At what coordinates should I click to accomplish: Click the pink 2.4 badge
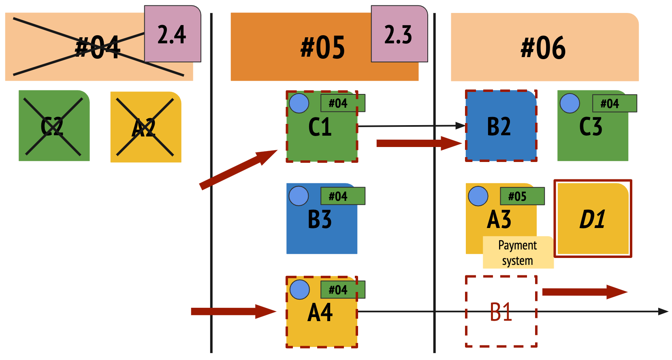[x=173, y=34]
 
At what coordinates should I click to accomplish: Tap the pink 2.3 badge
[x=399, y=34]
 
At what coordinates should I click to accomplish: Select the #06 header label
[x=543, y=47]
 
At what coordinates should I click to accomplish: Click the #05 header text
[x=322, y=47]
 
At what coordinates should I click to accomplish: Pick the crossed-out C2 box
[x=54, y=126]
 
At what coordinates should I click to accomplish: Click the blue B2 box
[x=501, y=126]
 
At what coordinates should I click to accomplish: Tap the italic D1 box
[x=593, y=219]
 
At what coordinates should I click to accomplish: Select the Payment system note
[x=518, y=253]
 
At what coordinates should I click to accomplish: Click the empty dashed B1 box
[x=501, y=311]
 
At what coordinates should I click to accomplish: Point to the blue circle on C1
[x=299, y=103]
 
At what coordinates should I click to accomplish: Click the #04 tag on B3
[x=343, y=196]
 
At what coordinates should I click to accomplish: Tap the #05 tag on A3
[x=522, y=196]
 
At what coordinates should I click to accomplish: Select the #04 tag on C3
[x=614, y=103]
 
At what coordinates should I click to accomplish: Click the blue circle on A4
[x=300, y=289]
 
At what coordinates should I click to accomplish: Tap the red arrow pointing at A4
[x=233, y=311]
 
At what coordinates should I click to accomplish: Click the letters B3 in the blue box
[x=320, y=219]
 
